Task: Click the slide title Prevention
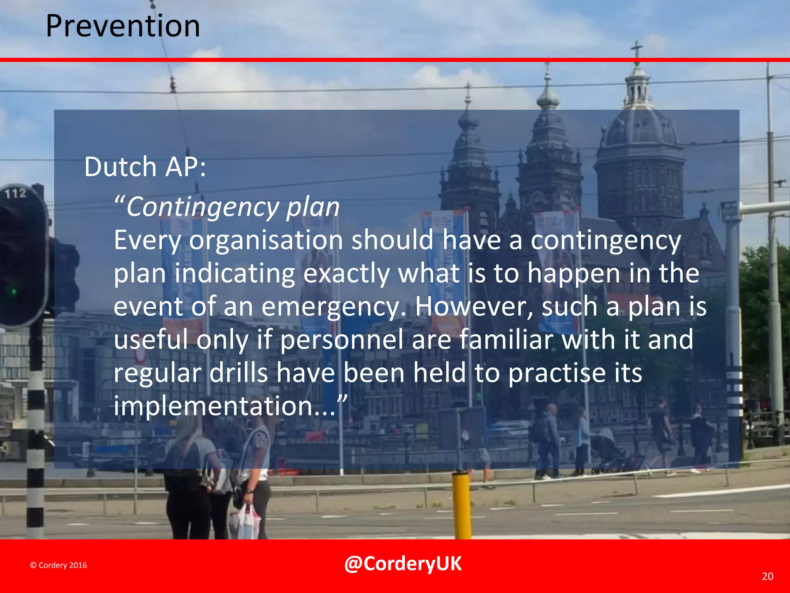[123, 26]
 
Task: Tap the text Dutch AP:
[145, 167]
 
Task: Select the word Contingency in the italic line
[202, 207]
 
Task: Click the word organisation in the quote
[266, 240]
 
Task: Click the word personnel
[341, 340]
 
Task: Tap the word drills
[239, 373]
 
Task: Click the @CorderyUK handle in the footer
[402, 564]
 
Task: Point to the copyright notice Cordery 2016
[59, 565]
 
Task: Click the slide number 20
[767, 576]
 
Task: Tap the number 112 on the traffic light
[15, 193]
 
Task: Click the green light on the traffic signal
[14, 291]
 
